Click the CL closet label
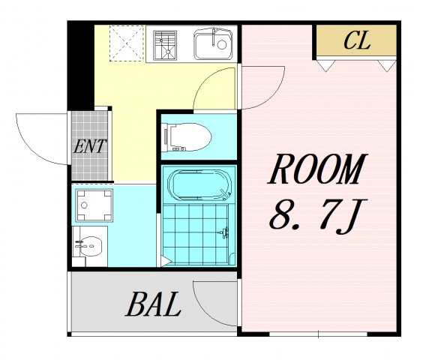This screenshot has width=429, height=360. (357, 40)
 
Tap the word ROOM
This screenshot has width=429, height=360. (317, 169)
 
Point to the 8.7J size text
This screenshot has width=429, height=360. (318, 217)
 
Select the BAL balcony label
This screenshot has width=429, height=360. (154, 304)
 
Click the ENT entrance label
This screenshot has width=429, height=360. (90, 146)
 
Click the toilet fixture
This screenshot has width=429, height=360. (186, 137)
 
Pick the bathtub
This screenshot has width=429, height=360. (199, 185)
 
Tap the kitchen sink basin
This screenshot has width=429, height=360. (213, 43)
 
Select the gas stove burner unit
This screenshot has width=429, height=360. (165, 45)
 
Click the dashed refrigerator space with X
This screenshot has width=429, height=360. (127, 43)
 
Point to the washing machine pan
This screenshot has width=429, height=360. (94, 205)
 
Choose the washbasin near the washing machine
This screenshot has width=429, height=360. (90, 246)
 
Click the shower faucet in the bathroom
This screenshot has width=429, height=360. (224, 232)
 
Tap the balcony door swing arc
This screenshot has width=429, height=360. (202, 311)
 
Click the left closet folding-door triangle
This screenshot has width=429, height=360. (325, 65)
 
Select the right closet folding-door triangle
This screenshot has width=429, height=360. (387, 66)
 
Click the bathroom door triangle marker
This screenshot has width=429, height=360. (165, 261)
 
